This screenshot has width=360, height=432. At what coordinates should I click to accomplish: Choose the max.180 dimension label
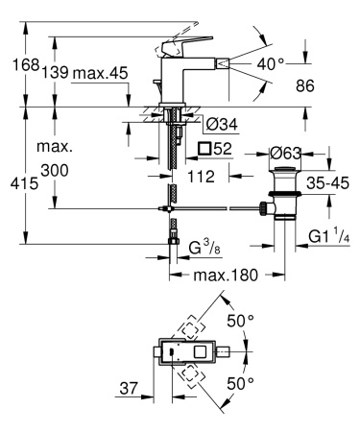click(x=226, y=276)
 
